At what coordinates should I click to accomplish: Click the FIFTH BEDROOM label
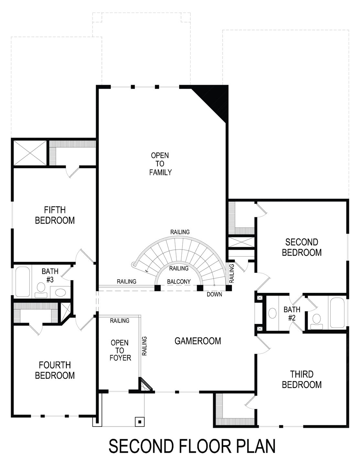coord(55,215)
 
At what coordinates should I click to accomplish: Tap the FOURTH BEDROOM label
coord(55,370)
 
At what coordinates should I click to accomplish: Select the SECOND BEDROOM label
coord(301,247)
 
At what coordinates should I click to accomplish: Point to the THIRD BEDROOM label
coord(301,380)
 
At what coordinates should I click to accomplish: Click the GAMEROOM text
coord(198,341)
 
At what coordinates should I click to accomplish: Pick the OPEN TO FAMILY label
coord(160,164)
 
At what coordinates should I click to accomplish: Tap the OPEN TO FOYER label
coord(119,350)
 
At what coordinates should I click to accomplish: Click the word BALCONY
coord(179,282)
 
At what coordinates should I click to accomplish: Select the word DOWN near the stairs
coord(214,294)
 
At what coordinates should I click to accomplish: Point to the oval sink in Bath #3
coord(60,293)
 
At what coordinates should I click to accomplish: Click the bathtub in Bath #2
coord(338,313)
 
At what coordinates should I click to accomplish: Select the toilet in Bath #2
coord(315,319)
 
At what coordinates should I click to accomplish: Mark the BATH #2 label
coord(292,314)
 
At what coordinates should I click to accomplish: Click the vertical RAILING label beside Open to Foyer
coord(144,346)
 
